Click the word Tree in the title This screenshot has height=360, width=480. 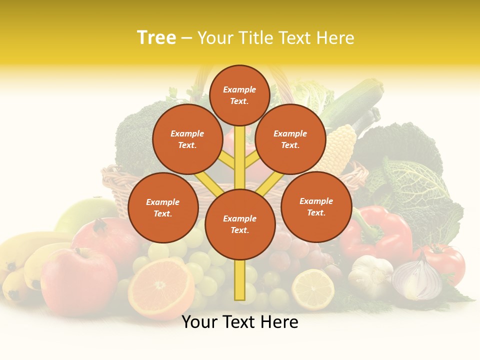tap(156, 37)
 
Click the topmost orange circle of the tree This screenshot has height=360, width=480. tap(239, 95)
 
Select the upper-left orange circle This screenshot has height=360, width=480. tap(187, 139)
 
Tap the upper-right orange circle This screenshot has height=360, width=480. tap(290, 139)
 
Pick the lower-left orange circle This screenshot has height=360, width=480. tap(163, 207)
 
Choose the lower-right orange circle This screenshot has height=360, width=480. tap(316, 206)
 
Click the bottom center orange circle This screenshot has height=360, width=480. tap(240, 224)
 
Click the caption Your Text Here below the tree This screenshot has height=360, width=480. tap(240, 322)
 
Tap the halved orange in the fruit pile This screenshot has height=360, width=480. tap(161, 288)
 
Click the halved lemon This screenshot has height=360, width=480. tap(313, 289)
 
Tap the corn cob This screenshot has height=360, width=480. tap(340, 148)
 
